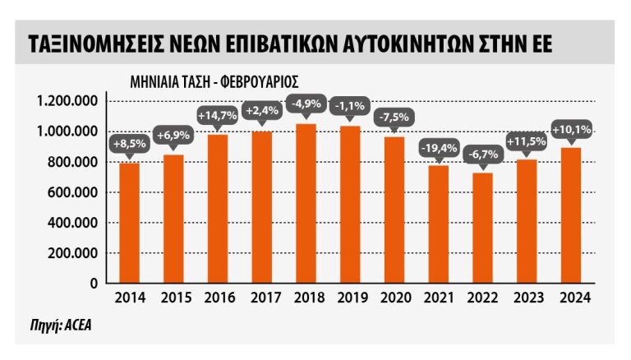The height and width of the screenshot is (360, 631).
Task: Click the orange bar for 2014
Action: (129, 223)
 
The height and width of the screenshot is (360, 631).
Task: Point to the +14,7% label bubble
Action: (217, 115)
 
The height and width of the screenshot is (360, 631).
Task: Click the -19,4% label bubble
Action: (439, 148)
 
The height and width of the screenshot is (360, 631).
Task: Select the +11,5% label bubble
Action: (527, 141)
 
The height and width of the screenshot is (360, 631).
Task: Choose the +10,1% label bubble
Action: (573, 130)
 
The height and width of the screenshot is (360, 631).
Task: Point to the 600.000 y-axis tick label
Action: (74, 192)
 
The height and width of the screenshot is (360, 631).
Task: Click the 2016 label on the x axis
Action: (217, 298)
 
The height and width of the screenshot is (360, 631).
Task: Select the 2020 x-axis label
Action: (394, 298)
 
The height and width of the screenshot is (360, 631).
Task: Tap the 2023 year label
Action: (527, 298)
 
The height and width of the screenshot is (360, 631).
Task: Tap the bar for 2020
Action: (394, 210)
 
